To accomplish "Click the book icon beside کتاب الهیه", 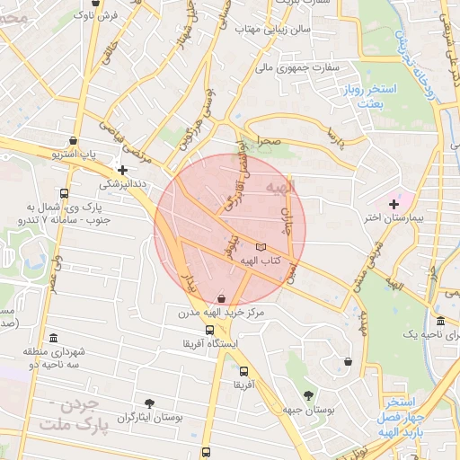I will (x=261, y=246).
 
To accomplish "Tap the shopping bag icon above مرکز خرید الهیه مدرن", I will (x=221, y=297).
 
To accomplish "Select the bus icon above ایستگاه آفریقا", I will (x=209, y=330).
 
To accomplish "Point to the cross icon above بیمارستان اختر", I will (x=394, y=206).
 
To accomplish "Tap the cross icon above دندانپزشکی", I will (x=123, y=169).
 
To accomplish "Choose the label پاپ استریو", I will (x=76, y=155).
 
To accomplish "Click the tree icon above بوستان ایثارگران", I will (x=149, y=404).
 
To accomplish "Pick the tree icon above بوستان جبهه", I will (x=309, y=394).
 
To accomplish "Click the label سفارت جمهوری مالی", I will (x=297, y=66).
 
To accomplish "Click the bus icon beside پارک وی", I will (x=64, y=193).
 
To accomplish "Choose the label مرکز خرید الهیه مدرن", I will (x=222, y=312).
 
